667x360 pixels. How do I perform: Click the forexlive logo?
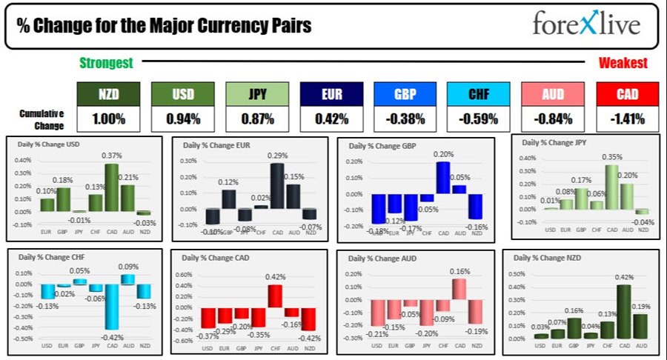(x=585, y=24)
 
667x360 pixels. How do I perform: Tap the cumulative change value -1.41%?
(x=627, y=118)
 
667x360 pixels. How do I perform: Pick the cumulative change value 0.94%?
(x=183, y=118)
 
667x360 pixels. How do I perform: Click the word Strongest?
(x=106, y=64)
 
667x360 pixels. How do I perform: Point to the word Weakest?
(x=623, y=64)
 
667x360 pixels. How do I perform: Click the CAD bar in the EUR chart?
(x=276, y=185)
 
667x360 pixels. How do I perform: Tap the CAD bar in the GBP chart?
(x=443, y=178)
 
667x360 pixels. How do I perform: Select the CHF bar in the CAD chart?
(x=275, y=296)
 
